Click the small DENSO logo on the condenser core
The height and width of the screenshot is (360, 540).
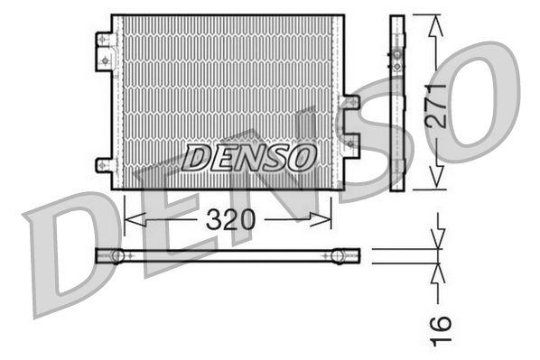(248, 158)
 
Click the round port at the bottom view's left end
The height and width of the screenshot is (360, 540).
(116, 256)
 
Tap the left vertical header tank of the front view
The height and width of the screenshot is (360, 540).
(116, 101)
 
